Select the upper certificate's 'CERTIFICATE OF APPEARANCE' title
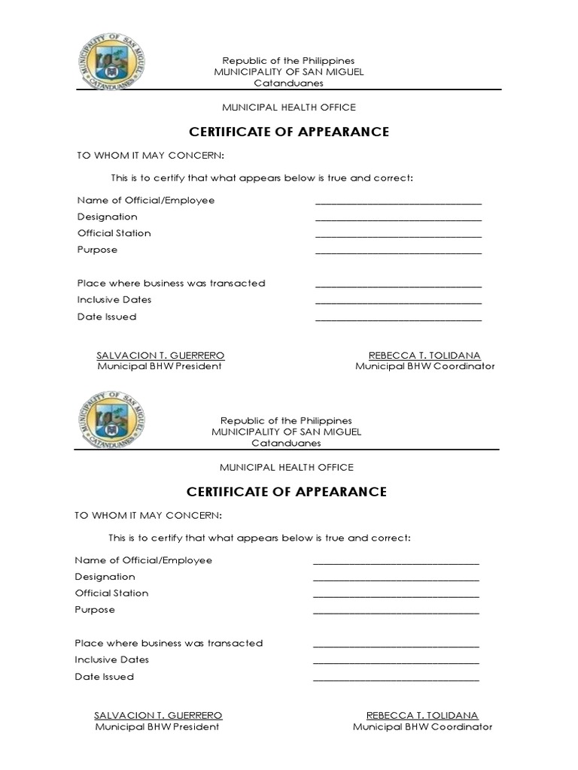[x=288, y=132]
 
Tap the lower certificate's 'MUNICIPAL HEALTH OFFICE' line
[x=286, y=468]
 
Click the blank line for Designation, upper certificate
[x=398, y=219]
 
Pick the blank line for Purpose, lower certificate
[x=396, y=612]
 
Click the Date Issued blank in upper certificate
[x=398, y=320]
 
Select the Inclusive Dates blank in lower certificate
[x=396, y=662]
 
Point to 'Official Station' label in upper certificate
[x=114, y=233]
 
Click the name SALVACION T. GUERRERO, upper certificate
[x=160, y=355]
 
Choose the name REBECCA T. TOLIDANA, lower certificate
[x=422, y=715]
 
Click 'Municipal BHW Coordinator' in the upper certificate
[x=425, y=367]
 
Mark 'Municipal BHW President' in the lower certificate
[x=157, y=727]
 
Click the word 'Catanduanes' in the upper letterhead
[x=288, y=83]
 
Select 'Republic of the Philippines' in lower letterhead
[x=286, y=421]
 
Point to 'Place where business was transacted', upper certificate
[x=171, y=283]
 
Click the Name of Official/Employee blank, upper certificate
[x=398, y=202]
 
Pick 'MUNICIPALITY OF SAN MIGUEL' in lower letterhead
[x=286, y=432]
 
